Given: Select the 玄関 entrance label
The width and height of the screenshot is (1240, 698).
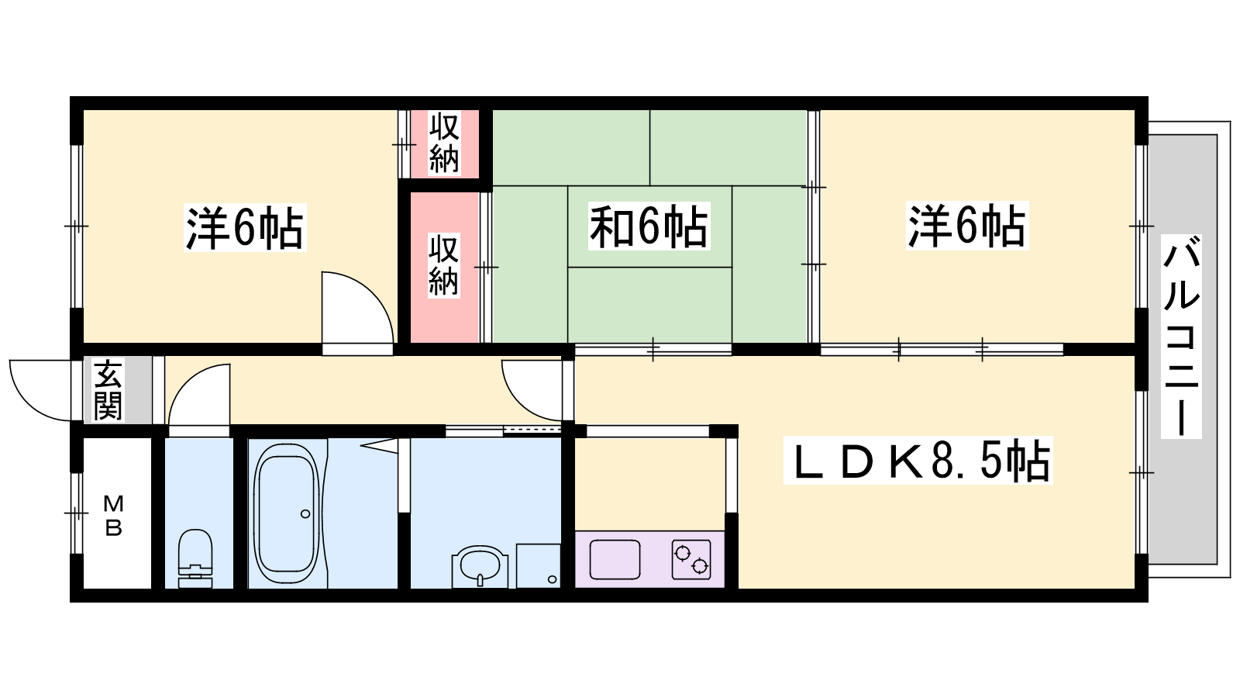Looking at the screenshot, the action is click(x=108, y=389).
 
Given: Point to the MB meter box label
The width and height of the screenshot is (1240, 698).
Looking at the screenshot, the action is click(x=113, y=517).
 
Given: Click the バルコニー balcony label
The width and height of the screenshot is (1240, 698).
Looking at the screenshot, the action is click(x=1181, y=337).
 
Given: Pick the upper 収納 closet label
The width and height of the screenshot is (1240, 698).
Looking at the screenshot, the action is click(x=445, y=143).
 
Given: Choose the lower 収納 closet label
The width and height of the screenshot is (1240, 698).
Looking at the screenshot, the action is click(x=443, y=266).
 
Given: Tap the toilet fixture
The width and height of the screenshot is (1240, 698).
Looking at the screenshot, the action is click(x=195, y=558).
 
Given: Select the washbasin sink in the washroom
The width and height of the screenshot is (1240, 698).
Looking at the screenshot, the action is click(x=480, y=566).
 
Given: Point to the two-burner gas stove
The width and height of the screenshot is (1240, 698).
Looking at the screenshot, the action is click(x=691, y=559).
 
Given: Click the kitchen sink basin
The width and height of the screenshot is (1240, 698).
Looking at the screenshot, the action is click(x=615, y=559).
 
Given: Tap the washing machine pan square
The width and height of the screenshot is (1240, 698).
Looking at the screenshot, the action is click(x=539, y=565).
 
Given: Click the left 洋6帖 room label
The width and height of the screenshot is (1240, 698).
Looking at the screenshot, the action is click(x=245, y=228).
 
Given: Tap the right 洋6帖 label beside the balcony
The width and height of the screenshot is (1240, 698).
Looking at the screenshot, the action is click(x=967, y=226).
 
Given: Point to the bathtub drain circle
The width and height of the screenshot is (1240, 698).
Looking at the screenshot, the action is click(x=305, y=514).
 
